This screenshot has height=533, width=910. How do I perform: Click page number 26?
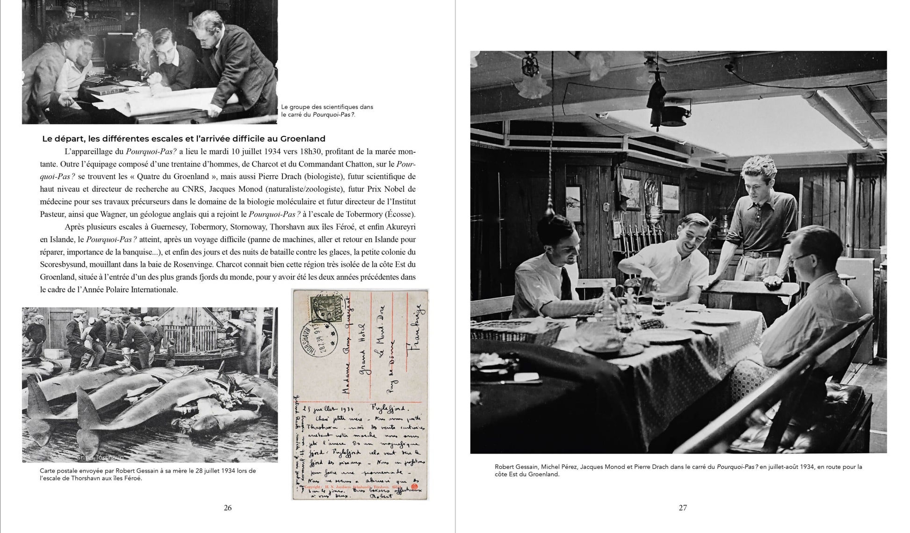[228, 508]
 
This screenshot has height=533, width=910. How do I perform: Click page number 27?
[683, 508]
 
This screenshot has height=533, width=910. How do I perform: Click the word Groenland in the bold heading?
[303, 139]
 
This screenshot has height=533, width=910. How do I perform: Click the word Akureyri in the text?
[401, 227]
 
